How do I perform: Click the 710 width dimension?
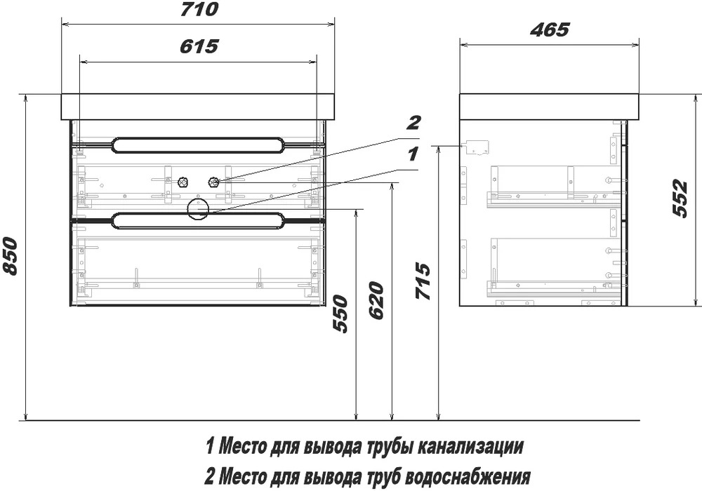click(x=199, y=9)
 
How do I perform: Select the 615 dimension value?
click(x=199, y=46)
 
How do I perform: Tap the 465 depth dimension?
click(x=550, y=29)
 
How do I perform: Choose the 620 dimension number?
click(x=376, y=300)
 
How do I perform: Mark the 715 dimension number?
click(x=423, y=281)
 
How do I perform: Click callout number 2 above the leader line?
click(x=413, y=122)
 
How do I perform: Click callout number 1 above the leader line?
click(x=412, y=154)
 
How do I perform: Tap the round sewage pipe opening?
click(x=198, y=209)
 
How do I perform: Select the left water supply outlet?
click(x=183, y=182)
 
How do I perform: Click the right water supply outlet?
click(x=213, y=182)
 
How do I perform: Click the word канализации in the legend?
click(x=470, y=446)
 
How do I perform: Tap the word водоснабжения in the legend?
click(x=468, y=477)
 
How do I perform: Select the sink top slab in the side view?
click(x=550, y=107)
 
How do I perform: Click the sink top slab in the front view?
click(x=198, y=107)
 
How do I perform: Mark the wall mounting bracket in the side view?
click(x=475, y=147)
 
